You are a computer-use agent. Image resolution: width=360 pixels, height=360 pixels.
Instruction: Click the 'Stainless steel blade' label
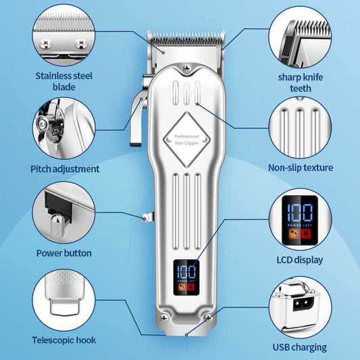point(64,81)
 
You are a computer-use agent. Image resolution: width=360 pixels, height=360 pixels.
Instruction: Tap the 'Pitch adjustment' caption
point(65,169)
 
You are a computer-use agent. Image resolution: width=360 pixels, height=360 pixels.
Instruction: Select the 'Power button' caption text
point(64,253)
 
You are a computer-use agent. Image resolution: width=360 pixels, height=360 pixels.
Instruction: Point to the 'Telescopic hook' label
point(63,340)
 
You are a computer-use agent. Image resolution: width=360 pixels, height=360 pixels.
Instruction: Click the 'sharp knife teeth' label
point(301,82)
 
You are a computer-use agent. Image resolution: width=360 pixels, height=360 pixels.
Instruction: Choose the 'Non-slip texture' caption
point(301,168)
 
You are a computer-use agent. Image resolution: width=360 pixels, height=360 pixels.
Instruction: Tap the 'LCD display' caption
point(300,260)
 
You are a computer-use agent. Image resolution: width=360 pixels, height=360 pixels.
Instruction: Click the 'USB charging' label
point(300,347)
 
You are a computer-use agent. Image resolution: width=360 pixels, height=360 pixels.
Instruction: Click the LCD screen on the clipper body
point(186,278)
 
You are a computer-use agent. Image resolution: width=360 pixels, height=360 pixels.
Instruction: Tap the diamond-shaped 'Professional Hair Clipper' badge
point(186,139)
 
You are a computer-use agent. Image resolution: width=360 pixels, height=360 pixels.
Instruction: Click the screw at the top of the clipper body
point(186,68)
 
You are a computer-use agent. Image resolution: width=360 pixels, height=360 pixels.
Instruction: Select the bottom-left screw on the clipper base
point(164,318)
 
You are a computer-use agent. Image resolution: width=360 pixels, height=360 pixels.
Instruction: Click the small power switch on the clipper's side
point(148,217)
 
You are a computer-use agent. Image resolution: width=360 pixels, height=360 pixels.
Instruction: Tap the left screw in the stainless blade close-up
point(46,43)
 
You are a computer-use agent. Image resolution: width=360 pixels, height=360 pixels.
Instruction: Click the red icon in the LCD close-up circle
point(306,234)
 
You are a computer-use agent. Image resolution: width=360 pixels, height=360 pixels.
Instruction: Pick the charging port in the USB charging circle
point(301,305)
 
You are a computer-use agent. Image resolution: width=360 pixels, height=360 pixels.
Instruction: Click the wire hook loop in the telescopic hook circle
point(65,306)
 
